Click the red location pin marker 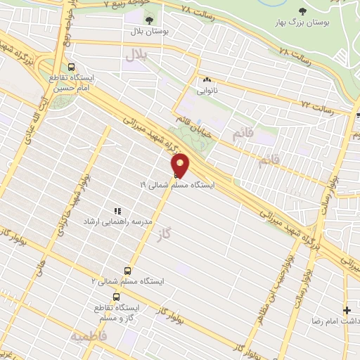coord(181,166)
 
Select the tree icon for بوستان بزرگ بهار coord(303,11)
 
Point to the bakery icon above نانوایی coord(207,80)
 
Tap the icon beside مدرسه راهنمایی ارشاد coord(117,210)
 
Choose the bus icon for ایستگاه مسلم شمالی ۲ coord(127,270)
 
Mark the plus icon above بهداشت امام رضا coord(346,309)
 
